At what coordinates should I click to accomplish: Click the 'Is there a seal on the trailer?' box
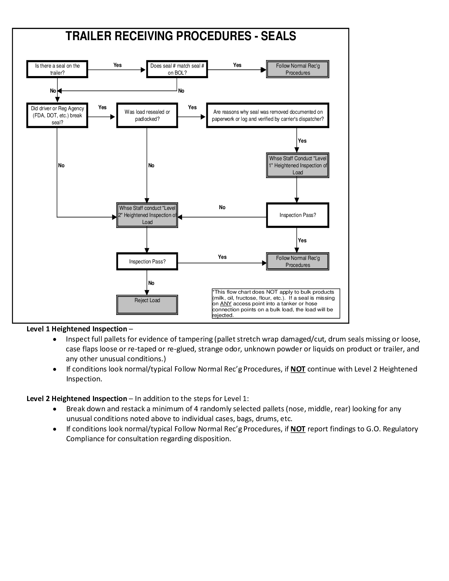point(57,69)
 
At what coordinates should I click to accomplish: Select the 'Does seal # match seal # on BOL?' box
point(177,69)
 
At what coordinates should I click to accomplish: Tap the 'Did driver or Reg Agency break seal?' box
point(57,115)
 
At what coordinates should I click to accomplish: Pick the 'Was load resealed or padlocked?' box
point(147,115)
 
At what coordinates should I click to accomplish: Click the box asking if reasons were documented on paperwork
point(268,115)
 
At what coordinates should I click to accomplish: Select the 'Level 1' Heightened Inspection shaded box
point(298,165)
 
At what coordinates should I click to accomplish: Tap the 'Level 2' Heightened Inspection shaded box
point(147,215)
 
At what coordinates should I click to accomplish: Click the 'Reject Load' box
point(147,305)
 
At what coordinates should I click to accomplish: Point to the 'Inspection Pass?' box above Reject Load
point(147,261)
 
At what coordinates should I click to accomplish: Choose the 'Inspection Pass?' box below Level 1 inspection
point(298,215)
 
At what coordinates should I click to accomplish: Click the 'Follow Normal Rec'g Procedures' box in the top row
point(298,69)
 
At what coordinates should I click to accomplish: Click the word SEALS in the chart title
point(279,36)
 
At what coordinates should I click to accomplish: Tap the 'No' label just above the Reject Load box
point(151,283)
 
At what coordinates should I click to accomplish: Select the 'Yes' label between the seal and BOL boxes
point(117,65)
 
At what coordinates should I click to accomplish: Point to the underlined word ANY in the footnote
point(226,304)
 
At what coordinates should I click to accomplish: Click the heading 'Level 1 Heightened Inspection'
point(77,329)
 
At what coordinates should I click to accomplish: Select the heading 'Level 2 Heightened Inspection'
point(77,399)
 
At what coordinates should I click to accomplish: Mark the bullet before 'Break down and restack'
point(55,409)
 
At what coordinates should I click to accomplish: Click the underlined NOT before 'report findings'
point(298,429)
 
